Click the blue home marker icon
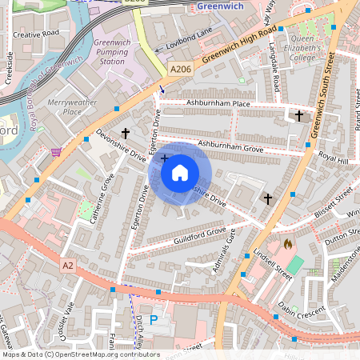180,172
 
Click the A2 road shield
68,262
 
